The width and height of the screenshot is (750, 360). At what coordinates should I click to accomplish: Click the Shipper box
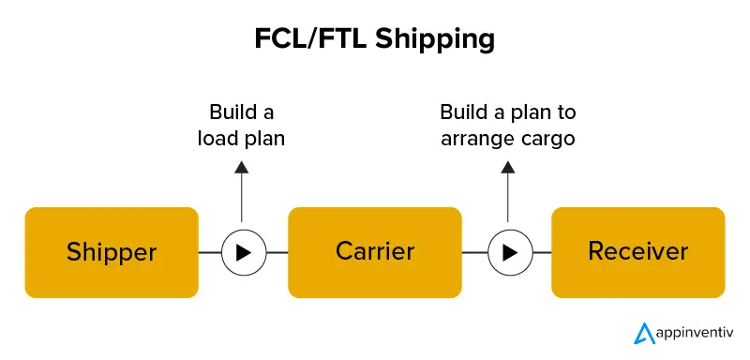coord(111,252)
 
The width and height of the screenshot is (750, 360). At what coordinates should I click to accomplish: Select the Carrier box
coord(374,252)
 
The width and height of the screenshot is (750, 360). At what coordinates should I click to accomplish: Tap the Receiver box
coord(637,252)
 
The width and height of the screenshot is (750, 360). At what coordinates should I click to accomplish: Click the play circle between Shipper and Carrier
coord(242,252)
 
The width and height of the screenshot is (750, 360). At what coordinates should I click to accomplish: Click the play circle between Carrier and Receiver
coord(509,252)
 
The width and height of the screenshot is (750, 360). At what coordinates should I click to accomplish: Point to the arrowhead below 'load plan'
coord(242,167)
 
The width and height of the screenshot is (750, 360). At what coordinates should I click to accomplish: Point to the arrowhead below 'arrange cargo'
coord(509,167)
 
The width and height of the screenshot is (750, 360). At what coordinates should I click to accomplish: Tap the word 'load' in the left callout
coord(217,139)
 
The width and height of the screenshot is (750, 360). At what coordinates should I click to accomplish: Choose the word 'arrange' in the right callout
coord(487,139)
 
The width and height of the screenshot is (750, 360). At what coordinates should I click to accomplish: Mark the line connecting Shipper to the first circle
coord(209,252)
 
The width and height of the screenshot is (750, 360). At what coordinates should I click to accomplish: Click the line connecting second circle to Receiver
coord(541,252)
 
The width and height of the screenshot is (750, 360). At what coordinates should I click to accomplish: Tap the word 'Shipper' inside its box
coord(111,252)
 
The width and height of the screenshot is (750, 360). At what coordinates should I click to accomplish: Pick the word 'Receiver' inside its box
coord(637,252)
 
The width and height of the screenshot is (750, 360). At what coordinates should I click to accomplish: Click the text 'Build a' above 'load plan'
coord(241,113)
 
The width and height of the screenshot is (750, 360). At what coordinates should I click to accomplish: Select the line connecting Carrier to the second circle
coord(474,252)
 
